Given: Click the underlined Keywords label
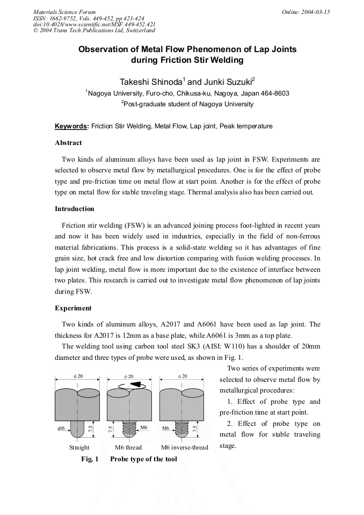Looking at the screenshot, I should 72,126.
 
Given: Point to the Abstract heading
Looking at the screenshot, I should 68,143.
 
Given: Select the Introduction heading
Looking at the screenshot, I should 74,209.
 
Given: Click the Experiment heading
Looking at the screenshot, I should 73,308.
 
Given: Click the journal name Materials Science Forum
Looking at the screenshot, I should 64,12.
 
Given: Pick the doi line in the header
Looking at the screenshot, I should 94,25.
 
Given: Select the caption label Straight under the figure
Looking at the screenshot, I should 79,447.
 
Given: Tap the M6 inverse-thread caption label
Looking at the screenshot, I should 184,447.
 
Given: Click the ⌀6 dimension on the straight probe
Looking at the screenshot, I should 61,428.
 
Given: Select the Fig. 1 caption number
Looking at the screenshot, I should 90,459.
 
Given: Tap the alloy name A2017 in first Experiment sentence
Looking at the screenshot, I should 172,324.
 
